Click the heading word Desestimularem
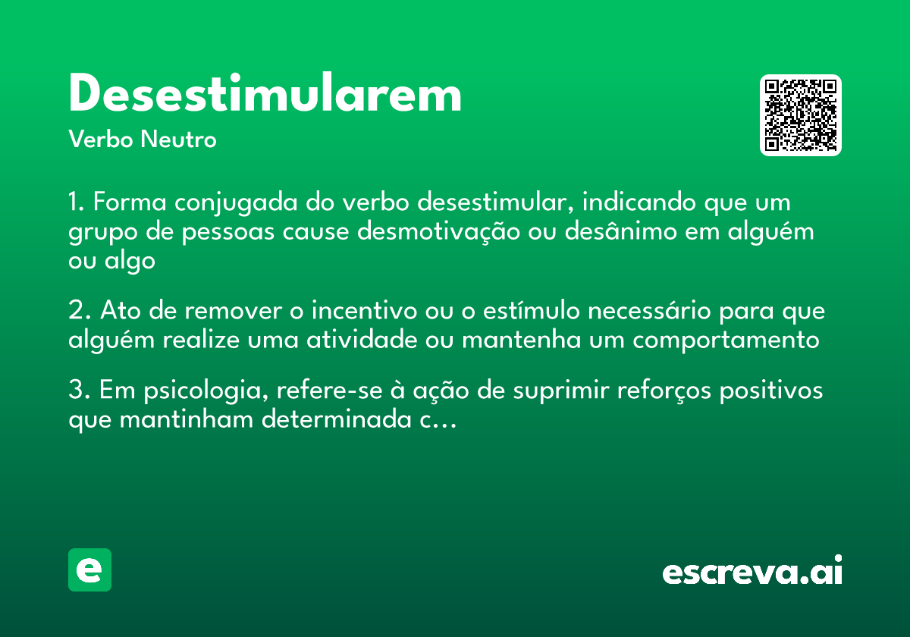coord(265,96)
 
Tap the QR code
coord(801,115)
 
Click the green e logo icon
coord(89,570)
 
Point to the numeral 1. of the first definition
coord(77,203)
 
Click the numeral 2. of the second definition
coord(79,312)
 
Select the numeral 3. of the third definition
coord(79,391)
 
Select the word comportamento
coord(726,340)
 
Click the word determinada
coord(336,420)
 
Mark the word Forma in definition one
coord(130,203)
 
